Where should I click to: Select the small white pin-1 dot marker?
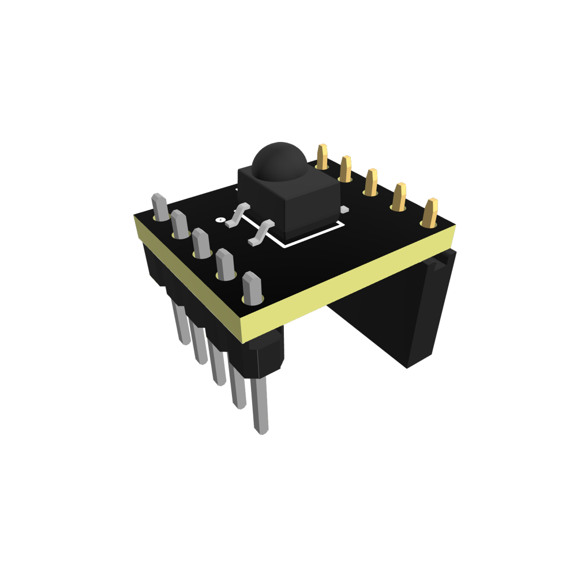pos(219,219)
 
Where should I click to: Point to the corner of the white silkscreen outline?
pos(284,246)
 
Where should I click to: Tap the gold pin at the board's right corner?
pos(430,212)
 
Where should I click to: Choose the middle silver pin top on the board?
pos(201,242)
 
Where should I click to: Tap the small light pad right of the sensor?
pos(344,208)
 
